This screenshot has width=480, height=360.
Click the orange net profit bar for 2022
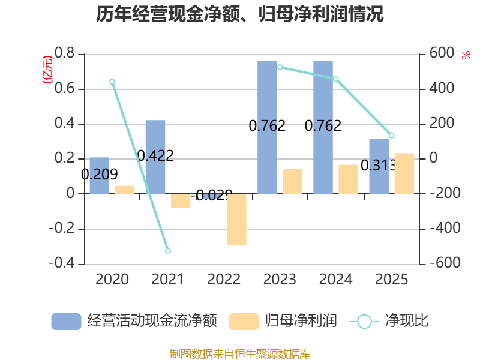pyautogui.click(x=236, y=220)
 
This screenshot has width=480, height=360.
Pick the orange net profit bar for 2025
pyautogui.click(x=404, y=173)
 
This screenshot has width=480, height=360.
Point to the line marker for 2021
pyautogui.click(x=168, y=251)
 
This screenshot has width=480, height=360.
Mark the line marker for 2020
pyautogui.click(x=112, y=82)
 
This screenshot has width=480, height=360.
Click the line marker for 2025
pyautogui.click(x=392, y=136)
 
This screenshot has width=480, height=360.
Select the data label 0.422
pyautogui.click(x=155, y=156)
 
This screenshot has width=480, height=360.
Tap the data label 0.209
pyautogui.click(x=100, y=175)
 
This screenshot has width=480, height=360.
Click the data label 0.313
pyautogui.click(x=379, y=166)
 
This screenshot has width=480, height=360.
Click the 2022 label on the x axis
pyautogui.click(x=224, y=280)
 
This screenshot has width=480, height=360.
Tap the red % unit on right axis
pyautogui.click(x=466, y=56)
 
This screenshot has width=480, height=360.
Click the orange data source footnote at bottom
pyautogui.click(x=240, y=353)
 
